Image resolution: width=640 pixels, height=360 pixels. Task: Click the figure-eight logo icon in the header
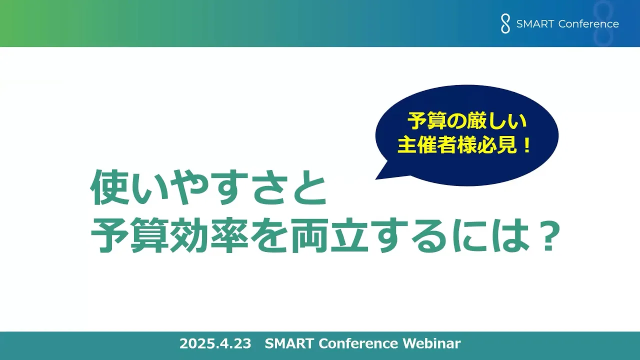[x=505, y=24]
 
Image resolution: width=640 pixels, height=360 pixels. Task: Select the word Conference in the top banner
[x=588, y=24]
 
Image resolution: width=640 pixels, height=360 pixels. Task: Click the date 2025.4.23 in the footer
[x=215, y=343]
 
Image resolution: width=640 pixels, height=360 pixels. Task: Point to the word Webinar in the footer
[x=431, y=343]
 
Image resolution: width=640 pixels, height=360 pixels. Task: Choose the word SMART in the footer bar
[x=289, y=343]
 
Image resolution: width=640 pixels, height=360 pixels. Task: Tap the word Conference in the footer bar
[x=358, y=343]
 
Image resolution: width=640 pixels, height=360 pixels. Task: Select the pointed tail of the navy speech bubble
[x=376, y=178]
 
